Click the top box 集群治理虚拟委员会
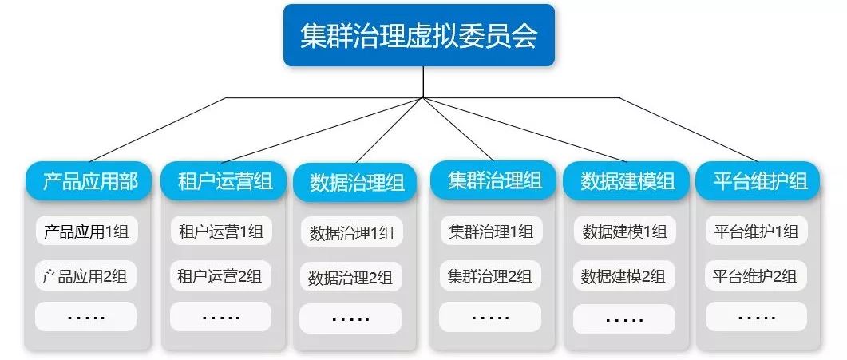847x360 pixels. pyautogui.click(x=418, y=35)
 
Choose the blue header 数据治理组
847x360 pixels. pyautogui.click(x=356, y=183)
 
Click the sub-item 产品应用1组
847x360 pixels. pyautogui.click(x=85, y=232)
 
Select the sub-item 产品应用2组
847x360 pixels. pyautogui.click(x=85, y=277)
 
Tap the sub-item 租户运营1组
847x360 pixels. pyautogui.click(x=220, y=232)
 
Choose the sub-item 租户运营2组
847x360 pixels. pyautogui.click(x=220, y=277)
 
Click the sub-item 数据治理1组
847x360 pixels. pyautogui.click(x=351, y=234)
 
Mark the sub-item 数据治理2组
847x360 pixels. pyautogui.click(x=351, y=279)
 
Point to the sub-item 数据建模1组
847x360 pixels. pyautogui.click(x=624, y=232)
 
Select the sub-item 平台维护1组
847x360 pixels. pyautogui.click(x=755, y=232)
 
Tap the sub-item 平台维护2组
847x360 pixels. pyautogui.click(x=755, y=277)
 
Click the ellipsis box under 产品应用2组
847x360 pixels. pyautogui.click(x=85, y=317)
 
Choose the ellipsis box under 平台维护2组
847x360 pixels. pyautogui.click(x=755, y=317)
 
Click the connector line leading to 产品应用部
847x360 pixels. pyautogui.click(x=160, y=129)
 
